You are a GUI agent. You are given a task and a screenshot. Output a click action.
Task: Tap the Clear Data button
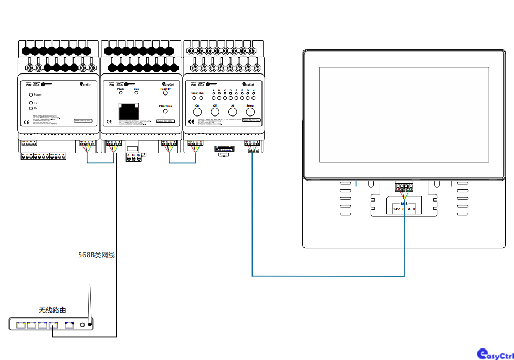165,111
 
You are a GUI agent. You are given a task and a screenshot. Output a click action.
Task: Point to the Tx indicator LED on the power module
31,102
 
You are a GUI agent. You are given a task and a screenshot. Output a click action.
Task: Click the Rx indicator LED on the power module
31,108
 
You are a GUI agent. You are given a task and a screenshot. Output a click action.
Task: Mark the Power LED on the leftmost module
31,94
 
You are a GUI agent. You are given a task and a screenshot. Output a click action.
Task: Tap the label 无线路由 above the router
53,310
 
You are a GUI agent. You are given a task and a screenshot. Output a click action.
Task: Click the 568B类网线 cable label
96,255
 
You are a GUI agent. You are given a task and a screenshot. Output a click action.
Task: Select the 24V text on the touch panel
395,209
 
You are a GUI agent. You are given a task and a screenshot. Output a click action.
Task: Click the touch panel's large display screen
404,115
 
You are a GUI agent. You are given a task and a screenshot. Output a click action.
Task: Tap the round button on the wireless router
82,325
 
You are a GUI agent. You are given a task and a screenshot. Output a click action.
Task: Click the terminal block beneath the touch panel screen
404,186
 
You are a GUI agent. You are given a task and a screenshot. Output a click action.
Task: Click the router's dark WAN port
69,325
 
